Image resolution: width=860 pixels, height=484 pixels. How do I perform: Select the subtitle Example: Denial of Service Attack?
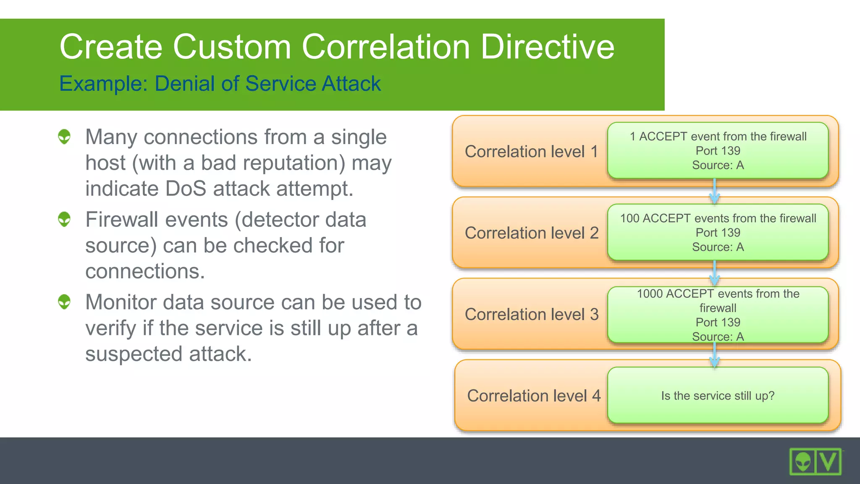220,83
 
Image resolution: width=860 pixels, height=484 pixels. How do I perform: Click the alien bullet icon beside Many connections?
64,137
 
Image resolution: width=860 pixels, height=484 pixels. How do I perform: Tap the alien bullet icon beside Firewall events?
64,219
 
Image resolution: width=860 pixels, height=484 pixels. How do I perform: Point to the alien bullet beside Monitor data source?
64,302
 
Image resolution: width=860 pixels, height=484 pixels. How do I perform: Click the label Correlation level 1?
531,152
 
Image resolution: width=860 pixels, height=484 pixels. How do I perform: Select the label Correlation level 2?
531,233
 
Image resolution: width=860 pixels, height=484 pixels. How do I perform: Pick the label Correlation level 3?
531,315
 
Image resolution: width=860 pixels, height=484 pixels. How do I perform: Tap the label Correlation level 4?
534,396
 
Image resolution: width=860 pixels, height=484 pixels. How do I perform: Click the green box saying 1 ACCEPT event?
718,150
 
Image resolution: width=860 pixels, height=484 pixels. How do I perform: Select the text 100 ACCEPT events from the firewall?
718,218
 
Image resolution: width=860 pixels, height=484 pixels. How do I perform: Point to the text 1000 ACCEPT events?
718,294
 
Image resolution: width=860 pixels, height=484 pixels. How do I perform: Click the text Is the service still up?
718,396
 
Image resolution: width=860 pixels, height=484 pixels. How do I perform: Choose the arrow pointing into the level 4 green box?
714,356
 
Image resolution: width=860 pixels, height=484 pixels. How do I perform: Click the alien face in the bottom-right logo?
803,462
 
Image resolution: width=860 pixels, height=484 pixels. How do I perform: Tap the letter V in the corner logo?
829,462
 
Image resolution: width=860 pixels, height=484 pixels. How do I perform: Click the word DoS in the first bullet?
186,189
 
